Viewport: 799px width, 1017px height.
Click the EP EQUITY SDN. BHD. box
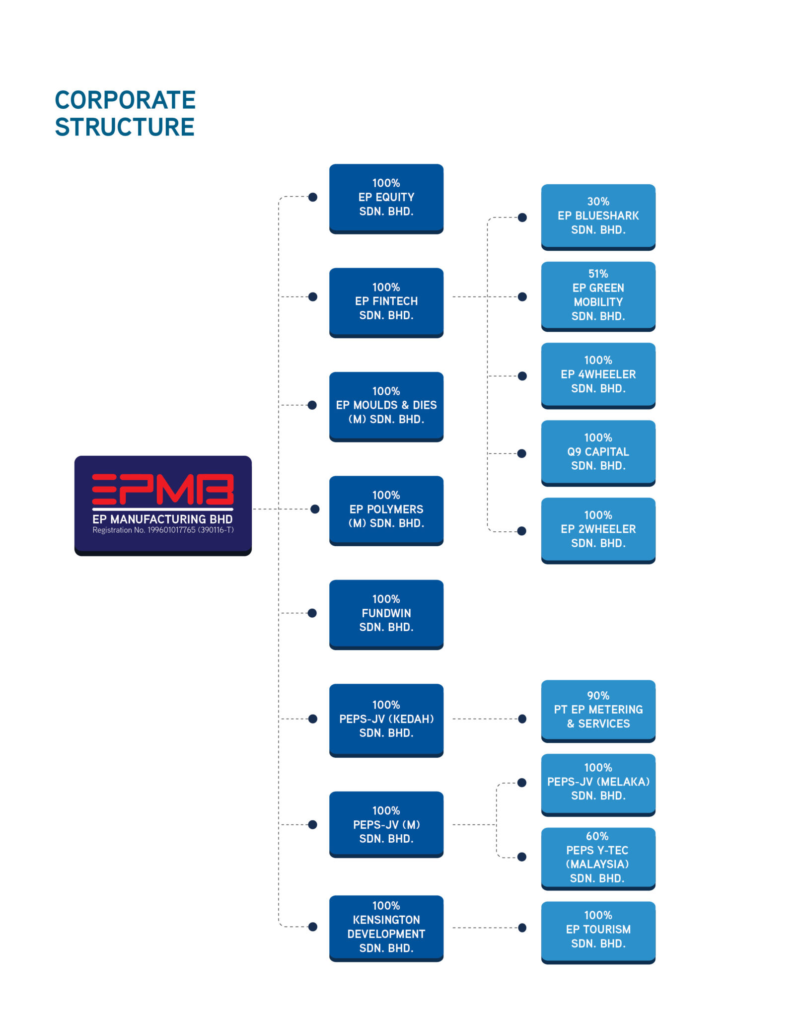386,198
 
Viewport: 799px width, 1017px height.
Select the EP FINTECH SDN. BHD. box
386,302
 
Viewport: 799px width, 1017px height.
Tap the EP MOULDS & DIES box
386,406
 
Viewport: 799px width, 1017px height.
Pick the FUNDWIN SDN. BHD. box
386,614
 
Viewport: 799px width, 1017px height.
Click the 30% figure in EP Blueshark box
598,202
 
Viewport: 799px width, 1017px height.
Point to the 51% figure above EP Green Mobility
598,274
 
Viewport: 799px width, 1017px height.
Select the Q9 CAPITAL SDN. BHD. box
598,452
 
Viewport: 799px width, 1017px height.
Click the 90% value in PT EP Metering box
598,696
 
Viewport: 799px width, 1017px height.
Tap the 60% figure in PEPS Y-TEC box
597,836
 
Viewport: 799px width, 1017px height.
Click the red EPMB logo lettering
163,490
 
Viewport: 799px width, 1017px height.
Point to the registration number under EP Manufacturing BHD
163,530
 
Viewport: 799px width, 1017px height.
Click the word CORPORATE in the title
125,100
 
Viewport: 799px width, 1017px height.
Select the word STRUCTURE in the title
125,127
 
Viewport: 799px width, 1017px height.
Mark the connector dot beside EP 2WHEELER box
521,531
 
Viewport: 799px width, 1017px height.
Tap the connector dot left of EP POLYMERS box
315,509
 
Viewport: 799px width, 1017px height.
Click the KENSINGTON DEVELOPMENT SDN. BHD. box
386,927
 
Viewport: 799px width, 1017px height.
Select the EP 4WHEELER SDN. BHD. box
598,375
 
